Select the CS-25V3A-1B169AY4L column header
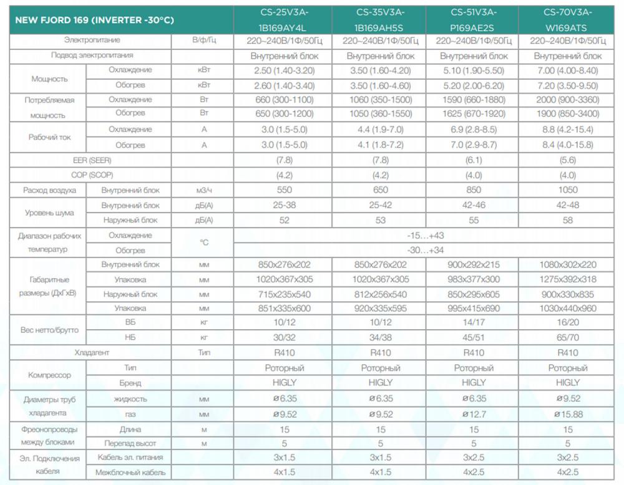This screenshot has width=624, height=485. (284, 19)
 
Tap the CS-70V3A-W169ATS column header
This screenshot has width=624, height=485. (567, 19)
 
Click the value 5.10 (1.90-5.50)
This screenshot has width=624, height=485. (474, 70)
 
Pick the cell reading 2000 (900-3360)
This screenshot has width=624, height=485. (567, 100)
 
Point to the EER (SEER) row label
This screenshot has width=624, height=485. (92, 160)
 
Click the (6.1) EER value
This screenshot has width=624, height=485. (474, 160)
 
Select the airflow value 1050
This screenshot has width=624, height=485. (567, 190)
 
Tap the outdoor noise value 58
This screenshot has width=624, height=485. (567, 220)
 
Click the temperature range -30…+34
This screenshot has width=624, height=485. (428, 250)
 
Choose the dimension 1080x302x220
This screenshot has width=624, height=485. (567, 265)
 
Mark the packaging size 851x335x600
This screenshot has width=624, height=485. (284, 309)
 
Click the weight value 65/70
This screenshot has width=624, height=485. (567, 338)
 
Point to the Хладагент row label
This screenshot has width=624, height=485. (92, 353)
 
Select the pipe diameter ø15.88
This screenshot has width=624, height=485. (567, 414)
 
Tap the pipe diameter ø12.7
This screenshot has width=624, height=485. (474, 414)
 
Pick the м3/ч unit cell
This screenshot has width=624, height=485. (203, 190)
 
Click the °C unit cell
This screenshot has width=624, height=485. (203, 242)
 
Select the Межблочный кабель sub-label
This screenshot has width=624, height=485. (130, 473)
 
